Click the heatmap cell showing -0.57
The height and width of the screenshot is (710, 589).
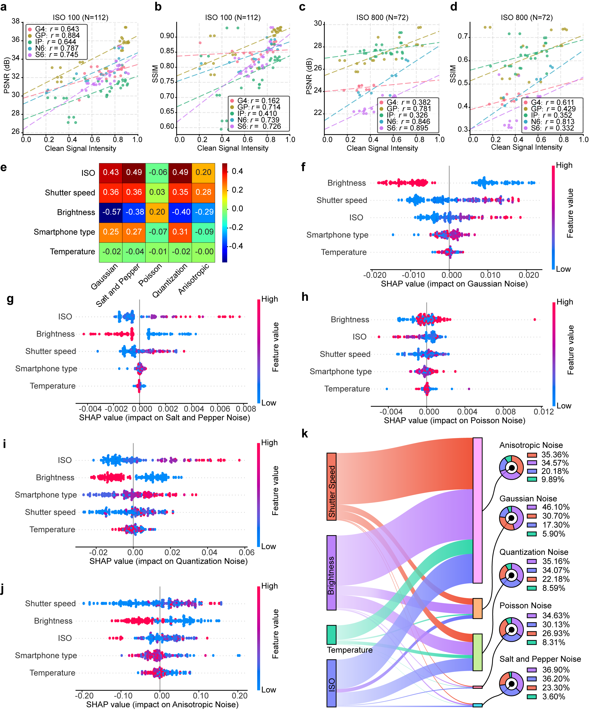(111, 212)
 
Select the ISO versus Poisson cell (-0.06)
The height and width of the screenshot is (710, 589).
(157, 172)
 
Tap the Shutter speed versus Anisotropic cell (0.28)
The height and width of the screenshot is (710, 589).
(203, 192)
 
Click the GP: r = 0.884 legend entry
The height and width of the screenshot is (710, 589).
(57, 36)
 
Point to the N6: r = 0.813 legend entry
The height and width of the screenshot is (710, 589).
(552, 121)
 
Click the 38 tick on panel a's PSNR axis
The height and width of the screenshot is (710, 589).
(15, 21)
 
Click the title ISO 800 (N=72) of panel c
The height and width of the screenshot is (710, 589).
(382, 18)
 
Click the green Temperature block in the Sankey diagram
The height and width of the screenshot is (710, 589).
(331, 635)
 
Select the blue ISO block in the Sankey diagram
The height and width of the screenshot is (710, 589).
(331, 683)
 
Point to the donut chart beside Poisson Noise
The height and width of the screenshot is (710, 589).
(511, 630)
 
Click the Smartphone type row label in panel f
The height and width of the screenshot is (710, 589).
(337, 235)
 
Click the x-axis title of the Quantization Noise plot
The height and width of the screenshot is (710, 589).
(168, 561)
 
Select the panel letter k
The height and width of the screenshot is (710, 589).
(305, 434)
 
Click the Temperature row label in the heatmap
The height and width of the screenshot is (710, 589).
(72, 252)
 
